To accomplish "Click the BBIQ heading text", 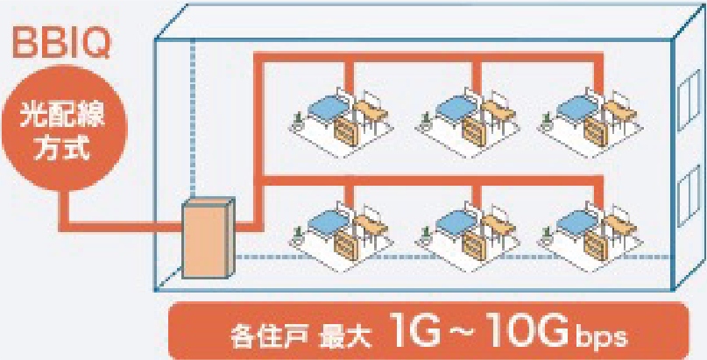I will pyautogui.click(x=59, y=43).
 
